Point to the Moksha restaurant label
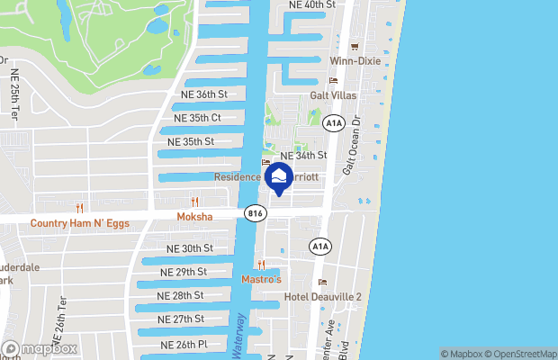tap(194, 219)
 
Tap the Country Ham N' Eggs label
tap(76, 223)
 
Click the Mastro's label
tap(261, 279)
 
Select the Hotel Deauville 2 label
tap(323, 297)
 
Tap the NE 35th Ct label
tap(197, 118)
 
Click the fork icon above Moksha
tap(194, 202)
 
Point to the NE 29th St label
tap(184, 272)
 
